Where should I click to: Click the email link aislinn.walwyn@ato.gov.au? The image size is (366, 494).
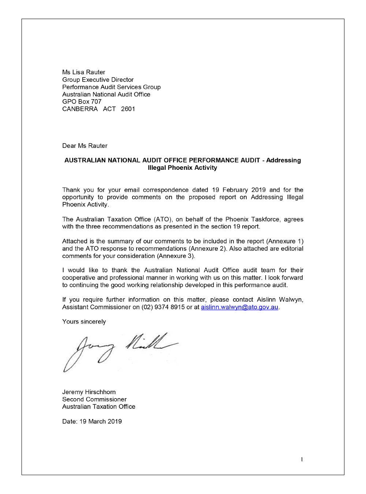pyautogui.click(x=239, y=307)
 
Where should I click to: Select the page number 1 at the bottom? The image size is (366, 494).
pyautogui.click(x=302, y=460)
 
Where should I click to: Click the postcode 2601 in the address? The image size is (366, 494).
pyautogui.click(x=128, y=109)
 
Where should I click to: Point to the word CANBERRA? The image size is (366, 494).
pyautogui.click(x=80, y=109)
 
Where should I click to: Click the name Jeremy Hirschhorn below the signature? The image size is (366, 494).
pyautogui.click(x=89, y=392)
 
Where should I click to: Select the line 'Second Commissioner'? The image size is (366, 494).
pyautogui.click(x=94, y=399)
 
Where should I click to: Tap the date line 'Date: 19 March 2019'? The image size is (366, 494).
pyautogui.click(x=92, y=421)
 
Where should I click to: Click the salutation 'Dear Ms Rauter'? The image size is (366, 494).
pyautogui.click(x=85, y=146)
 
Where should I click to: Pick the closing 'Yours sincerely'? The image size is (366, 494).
pyautogui.click(x=84, y=322)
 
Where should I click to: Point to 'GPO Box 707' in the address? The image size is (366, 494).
pyautogui.click(x=82, y=102)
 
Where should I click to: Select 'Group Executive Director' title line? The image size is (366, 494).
pyautogui.click(x=98, y=80)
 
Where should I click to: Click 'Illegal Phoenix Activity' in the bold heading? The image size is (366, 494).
pyautogui.click(x=182, y=168)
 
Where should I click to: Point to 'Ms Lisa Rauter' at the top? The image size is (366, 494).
pyautogui.click(x=83, y=72)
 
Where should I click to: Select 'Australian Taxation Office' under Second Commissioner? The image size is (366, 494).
pyautogui.click(x=98, y=407)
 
